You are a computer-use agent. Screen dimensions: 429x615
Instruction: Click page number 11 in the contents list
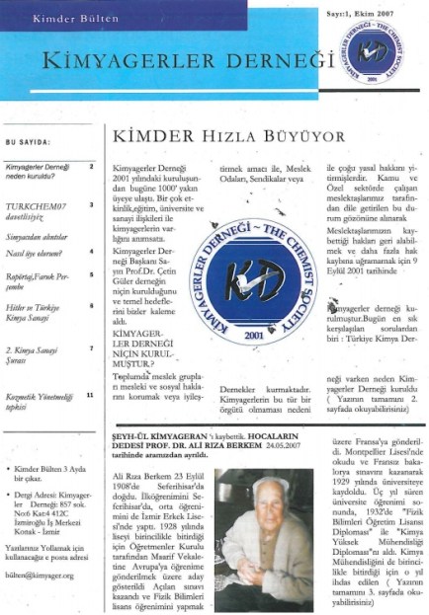pyautogui.click(x=90, y=395)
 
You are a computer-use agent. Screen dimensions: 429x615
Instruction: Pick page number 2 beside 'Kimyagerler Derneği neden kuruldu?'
pyautogui.click(x=91, y=166)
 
